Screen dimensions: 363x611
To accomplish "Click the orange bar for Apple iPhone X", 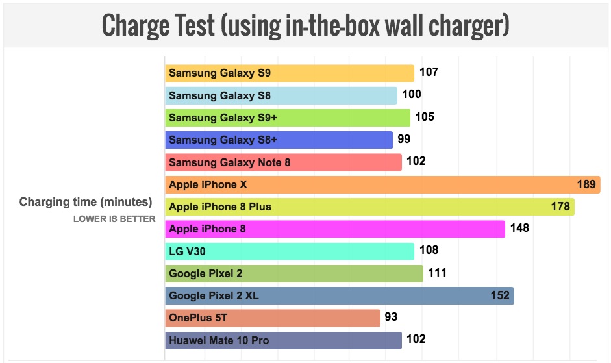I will tap(380, 184).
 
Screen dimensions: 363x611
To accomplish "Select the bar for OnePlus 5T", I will tap(273, 318).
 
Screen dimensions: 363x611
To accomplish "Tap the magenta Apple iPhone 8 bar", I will tap(335, 229).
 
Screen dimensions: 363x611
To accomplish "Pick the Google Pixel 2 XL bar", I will tap(339, 296).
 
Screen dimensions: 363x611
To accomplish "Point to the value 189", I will tap(586, 184).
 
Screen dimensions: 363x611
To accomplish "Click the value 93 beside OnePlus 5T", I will tap(391, 318).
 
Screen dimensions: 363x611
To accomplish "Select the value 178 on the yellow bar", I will tap(560, 207).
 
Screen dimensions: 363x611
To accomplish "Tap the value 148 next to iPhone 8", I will tap(519, 228).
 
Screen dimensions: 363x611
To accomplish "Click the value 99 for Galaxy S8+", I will tap(404, 139).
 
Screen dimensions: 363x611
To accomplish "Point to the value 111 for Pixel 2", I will tap(437, 273).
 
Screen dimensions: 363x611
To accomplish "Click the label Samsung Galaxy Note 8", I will tap(229, 162).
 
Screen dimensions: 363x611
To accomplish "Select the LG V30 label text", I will tap(188, 251).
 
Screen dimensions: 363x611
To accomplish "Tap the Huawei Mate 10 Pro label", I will tap(219, 340).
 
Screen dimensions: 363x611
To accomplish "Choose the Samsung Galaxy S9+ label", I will tap(219, 118).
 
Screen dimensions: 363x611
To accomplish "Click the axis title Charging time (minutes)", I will tap(86, 202).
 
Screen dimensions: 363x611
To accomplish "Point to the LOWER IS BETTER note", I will tap(114, 219).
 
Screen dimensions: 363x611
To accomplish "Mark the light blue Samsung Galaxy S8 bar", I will tap(281, 95).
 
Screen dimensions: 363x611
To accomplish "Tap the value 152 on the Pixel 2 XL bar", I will tap(500, 296).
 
